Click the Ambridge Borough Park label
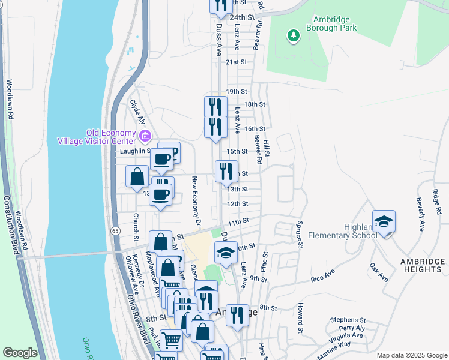(331, 23)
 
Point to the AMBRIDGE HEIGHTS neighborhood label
(423, 265)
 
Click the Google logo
(20, 353)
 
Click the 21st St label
(237, 62)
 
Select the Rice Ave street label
(322, 277)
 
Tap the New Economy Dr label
(195, 198)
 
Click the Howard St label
(299, 318)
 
